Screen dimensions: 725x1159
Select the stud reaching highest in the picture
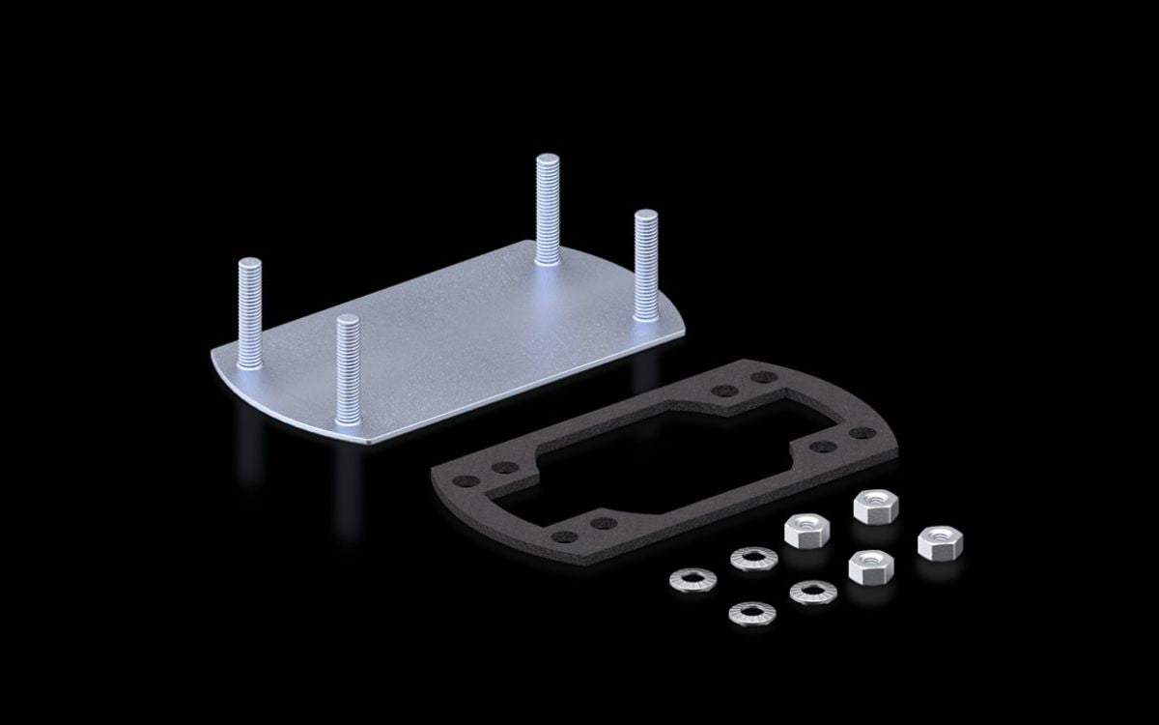pos(548,208)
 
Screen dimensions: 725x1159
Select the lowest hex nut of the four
pos(869,565)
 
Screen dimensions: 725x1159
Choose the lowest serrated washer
pos(750,612)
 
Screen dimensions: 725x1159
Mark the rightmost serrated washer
pos(811,592)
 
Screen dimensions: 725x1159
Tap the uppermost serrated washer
pos(753,558)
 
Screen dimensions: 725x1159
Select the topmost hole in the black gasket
pos(761,378)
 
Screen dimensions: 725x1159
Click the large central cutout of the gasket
pos(657,454)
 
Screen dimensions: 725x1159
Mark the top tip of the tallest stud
pos(548,159)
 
